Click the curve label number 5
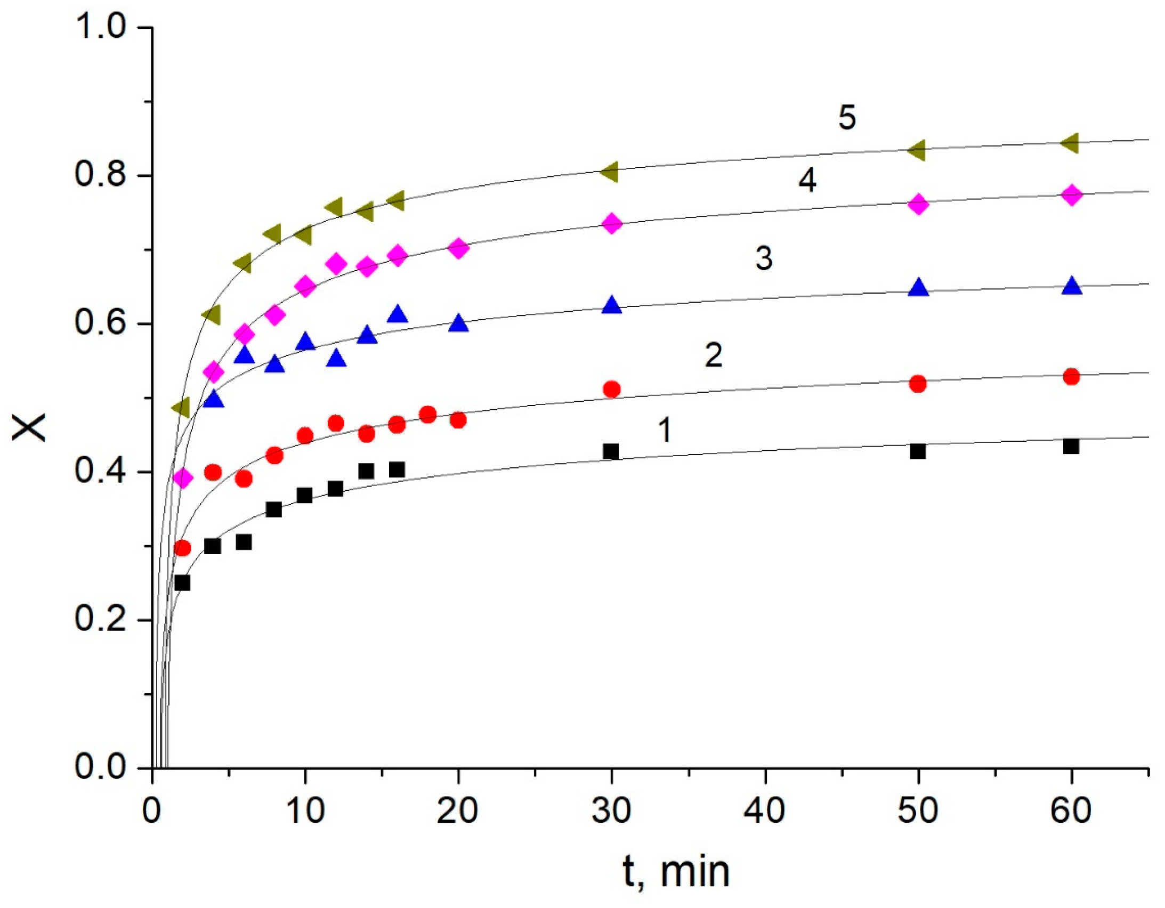point(847,117)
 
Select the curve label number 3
point(764,258)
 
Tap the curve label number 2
point(714,355)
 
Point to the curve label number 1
point(665,430)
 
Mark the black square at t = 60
point(1071,446)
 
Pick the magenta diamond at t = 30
point(612,223)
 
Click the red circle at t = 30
point(612,389)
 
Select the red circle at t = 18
point(428,415)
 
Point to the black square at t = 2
point(182,582)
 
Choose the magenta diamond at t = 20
point(458,249)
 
